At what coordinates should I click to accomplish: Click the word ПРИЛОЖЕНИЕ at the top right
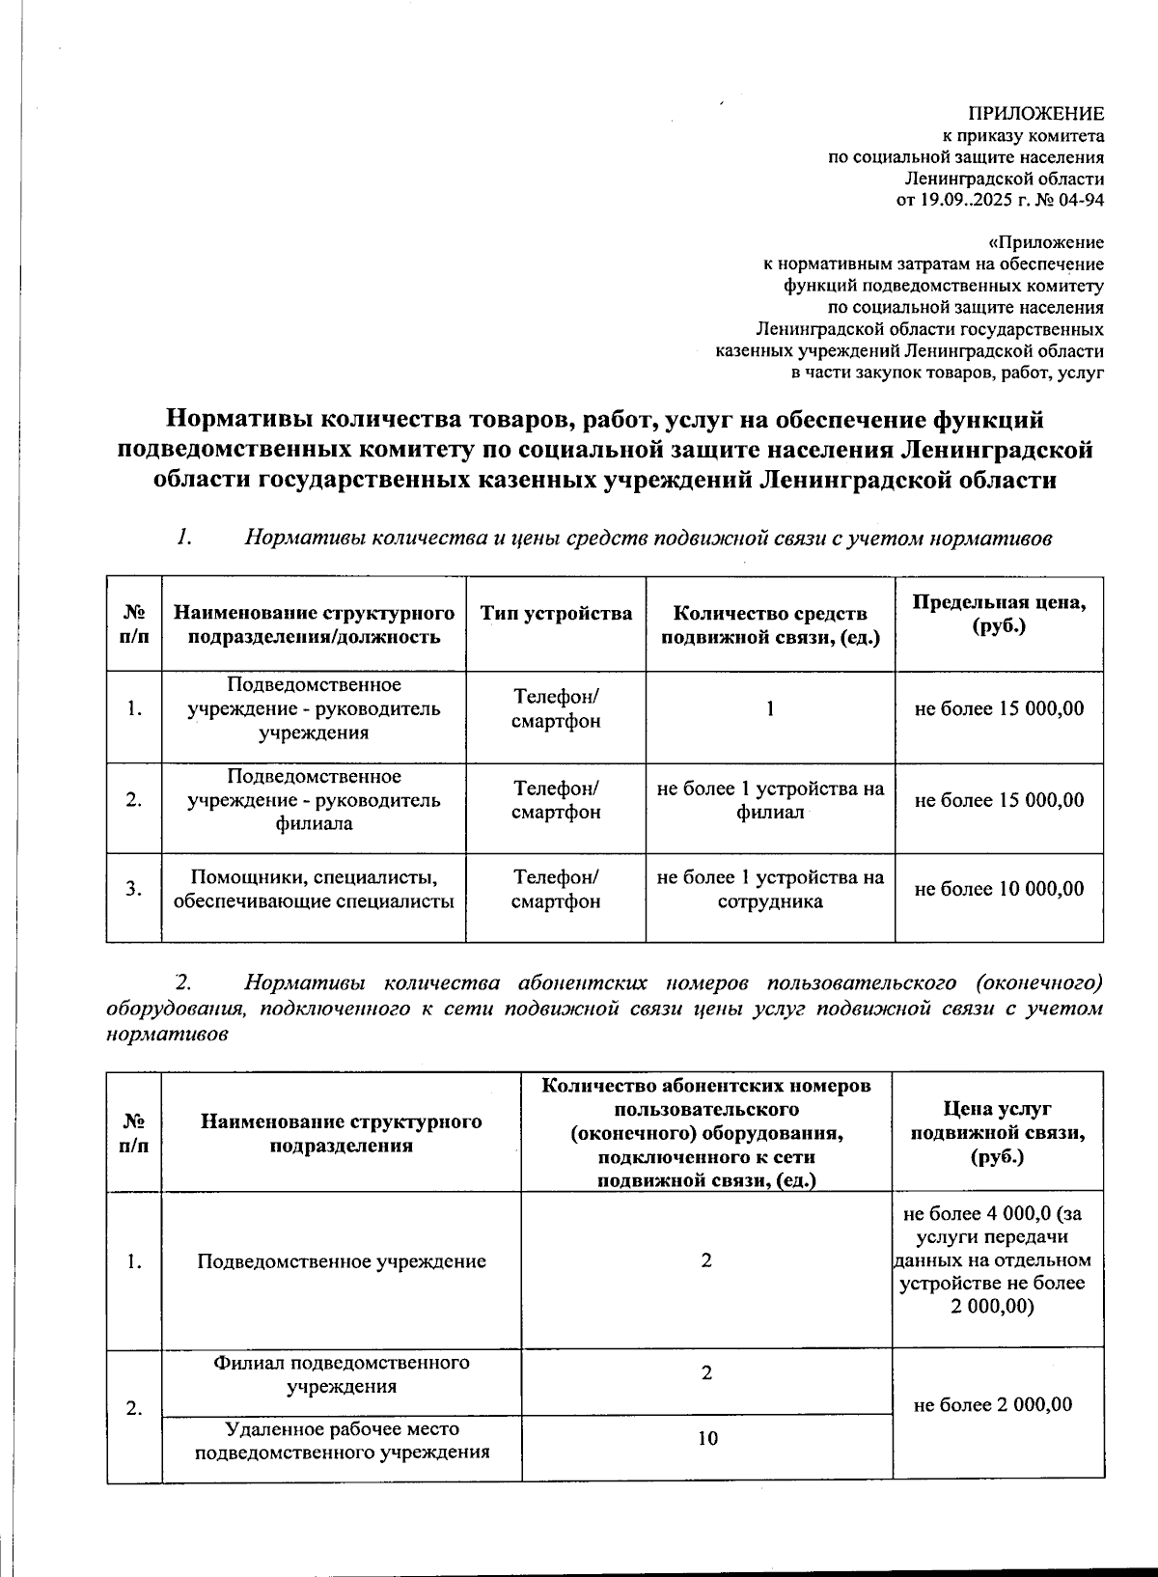tap(1036, 114)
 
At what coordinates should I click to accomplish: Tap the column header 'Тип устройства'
tap(556, 614)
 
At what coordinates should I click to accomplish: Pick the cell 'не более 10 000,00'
tap(999, 889)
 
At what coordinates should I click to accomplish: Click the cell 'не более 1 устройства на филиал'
tap(770, 800)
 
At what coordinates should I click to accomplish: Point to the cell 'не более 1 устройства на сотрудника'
tap(770, 889)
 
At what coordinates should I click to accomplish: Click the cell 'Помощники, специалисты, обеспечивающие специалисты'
tap(314, 889)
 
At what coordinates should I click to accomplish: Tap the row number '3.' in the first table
tap(134, 889)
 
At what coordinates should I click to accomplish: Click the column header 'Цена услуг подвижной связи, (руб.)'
tap(998, 1132)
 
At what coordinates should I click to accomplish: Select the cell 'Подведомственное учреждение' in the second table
tap(342, 1261)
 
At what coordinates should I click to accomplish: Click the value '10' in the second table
tap(706, 1439)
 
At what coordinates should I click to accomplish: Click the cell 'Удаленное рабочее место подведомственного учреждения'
tap(342, 1440)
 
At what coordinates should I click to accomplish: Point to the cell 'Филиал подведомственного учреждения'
tap(342, 1374)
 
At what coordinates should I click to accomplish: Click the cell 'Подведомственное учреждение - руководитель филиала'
tap(314, 800)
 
